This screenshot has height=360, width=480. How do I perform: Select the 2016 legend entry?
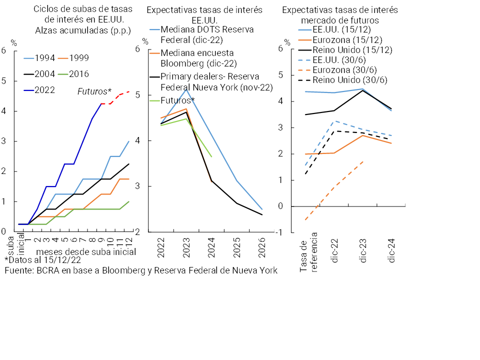click(x=79, y=74)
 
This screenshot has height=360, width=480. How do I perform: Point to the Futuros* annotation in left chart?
click(x=94, y=91)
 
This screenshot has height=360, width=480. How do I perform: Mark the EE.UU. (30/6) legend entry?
click(x=341, y=60)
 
